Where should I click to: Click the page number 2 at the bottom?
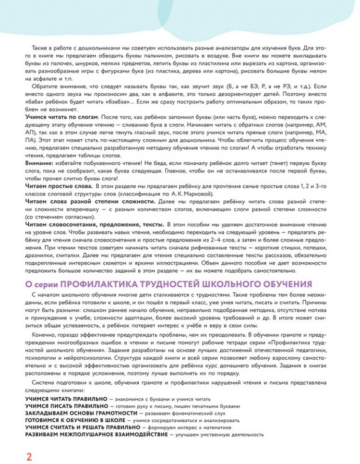pos(29,455)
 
